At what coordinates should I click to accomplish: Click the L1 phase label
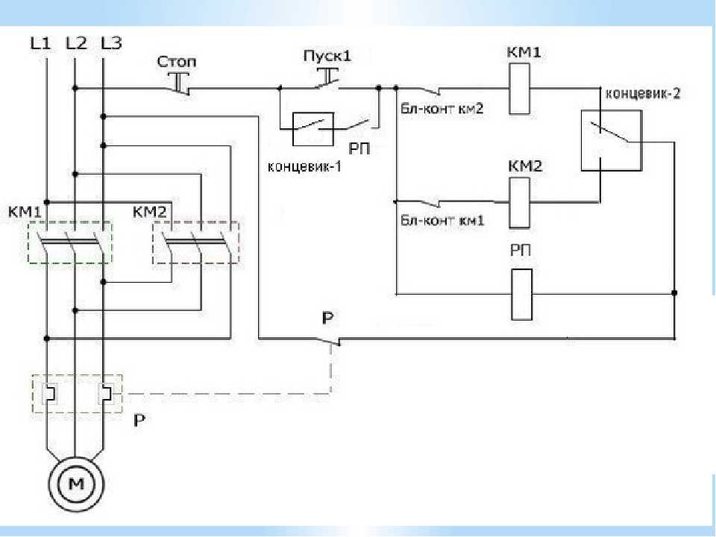click(40, 43)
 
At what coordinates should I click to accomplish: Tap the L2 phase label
click(76, 43)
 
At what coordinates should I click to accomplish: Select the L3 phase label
click(111, 43)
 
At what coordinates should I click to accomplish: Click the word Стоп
click(177, 62)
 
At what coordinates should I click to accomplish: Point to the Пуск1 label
click(328, 57)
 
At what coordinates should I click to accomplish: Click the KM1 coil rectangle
click(519, 89)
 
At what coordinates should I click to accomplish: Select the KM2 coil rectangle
click(519, 203)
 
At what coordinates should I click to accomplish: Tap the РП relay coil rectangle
click(521, 295)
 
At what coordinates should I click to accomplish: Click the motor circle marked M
click(76, 484)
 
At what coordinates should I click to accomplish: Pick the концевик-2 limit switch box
click(611, 141)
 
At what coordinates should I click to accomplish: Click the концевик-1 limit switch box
click(313, 129)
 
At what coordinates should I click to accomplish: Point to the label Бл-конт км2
click(442, 109)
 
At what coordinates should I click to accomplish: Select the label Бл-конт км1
click(442, 221)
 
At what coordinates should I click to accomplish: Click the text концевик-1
click(304, 166)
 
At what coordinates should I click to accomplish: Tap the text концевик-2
click(643, 94)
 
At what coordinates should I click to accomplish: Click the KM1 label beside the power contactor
click(25, 212)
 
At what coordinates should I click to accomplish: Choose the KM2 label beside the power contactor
click(150, 212)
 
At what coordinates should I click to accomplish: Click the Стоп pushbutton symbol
click(180, 84)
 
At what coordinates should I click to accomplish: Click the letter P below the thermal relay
click(139, 420)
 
